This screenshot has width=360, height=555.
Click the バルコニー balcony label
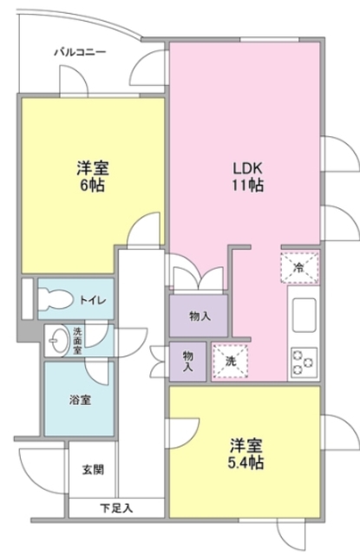tap(80, 53)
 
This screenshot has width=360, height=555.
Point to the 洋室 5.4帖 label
tap(246, 454)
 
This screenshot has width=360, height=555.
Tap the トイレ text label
tap(94, 300)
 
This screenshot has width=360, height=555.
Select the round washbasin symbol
tap(58, 339)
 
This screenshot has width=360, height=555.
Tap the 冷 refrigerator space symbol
tap(299, 267)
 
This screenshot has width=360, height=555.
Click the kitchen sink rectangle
tap(304, 314)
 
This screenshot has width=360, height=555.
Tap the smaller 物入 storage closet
tap(187, 360)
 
